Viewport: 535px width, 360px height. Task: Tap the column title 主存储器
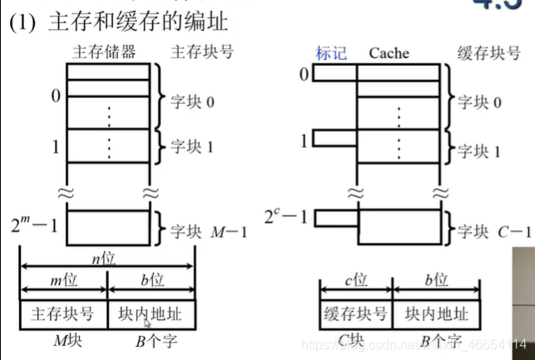pyautogui.click(x=107, y=52)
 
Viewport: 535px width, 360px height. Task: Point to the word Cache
pyautogui.click(x=389, y=52)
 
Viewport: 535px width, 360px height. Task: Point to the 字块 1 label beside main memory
pyautogui.click(x=192, y=146)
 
